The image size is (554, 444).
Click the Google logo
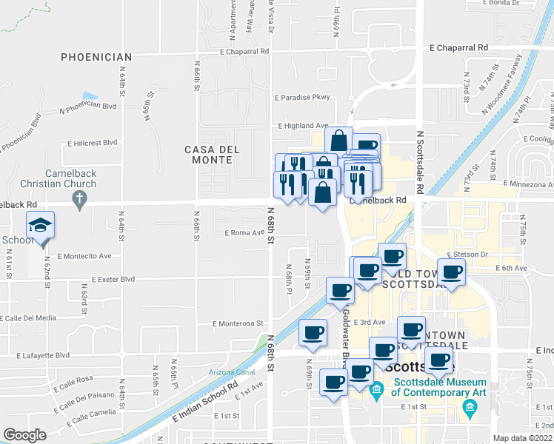tap(24, 435)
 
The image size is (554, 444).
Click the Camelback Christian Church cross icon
tap(78, 198)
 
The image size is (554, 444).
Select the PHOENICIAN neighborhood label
tap(96, 57)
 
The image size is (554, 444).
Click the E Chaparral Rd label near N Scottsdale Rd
tap(459, 47)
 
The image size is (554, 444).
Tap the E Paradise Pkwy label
tap(301, 97)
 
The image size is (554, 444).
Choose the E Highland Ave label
tap(303, 126)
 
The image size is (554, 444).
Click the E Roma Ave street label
tap(244, 232)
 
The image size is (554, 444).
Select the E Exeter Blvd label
tap(113, 280)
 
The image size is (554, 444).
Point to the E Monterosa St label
tap(237, 323)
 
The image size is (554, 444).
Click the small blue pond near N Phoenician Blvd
tap(90, 95)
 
